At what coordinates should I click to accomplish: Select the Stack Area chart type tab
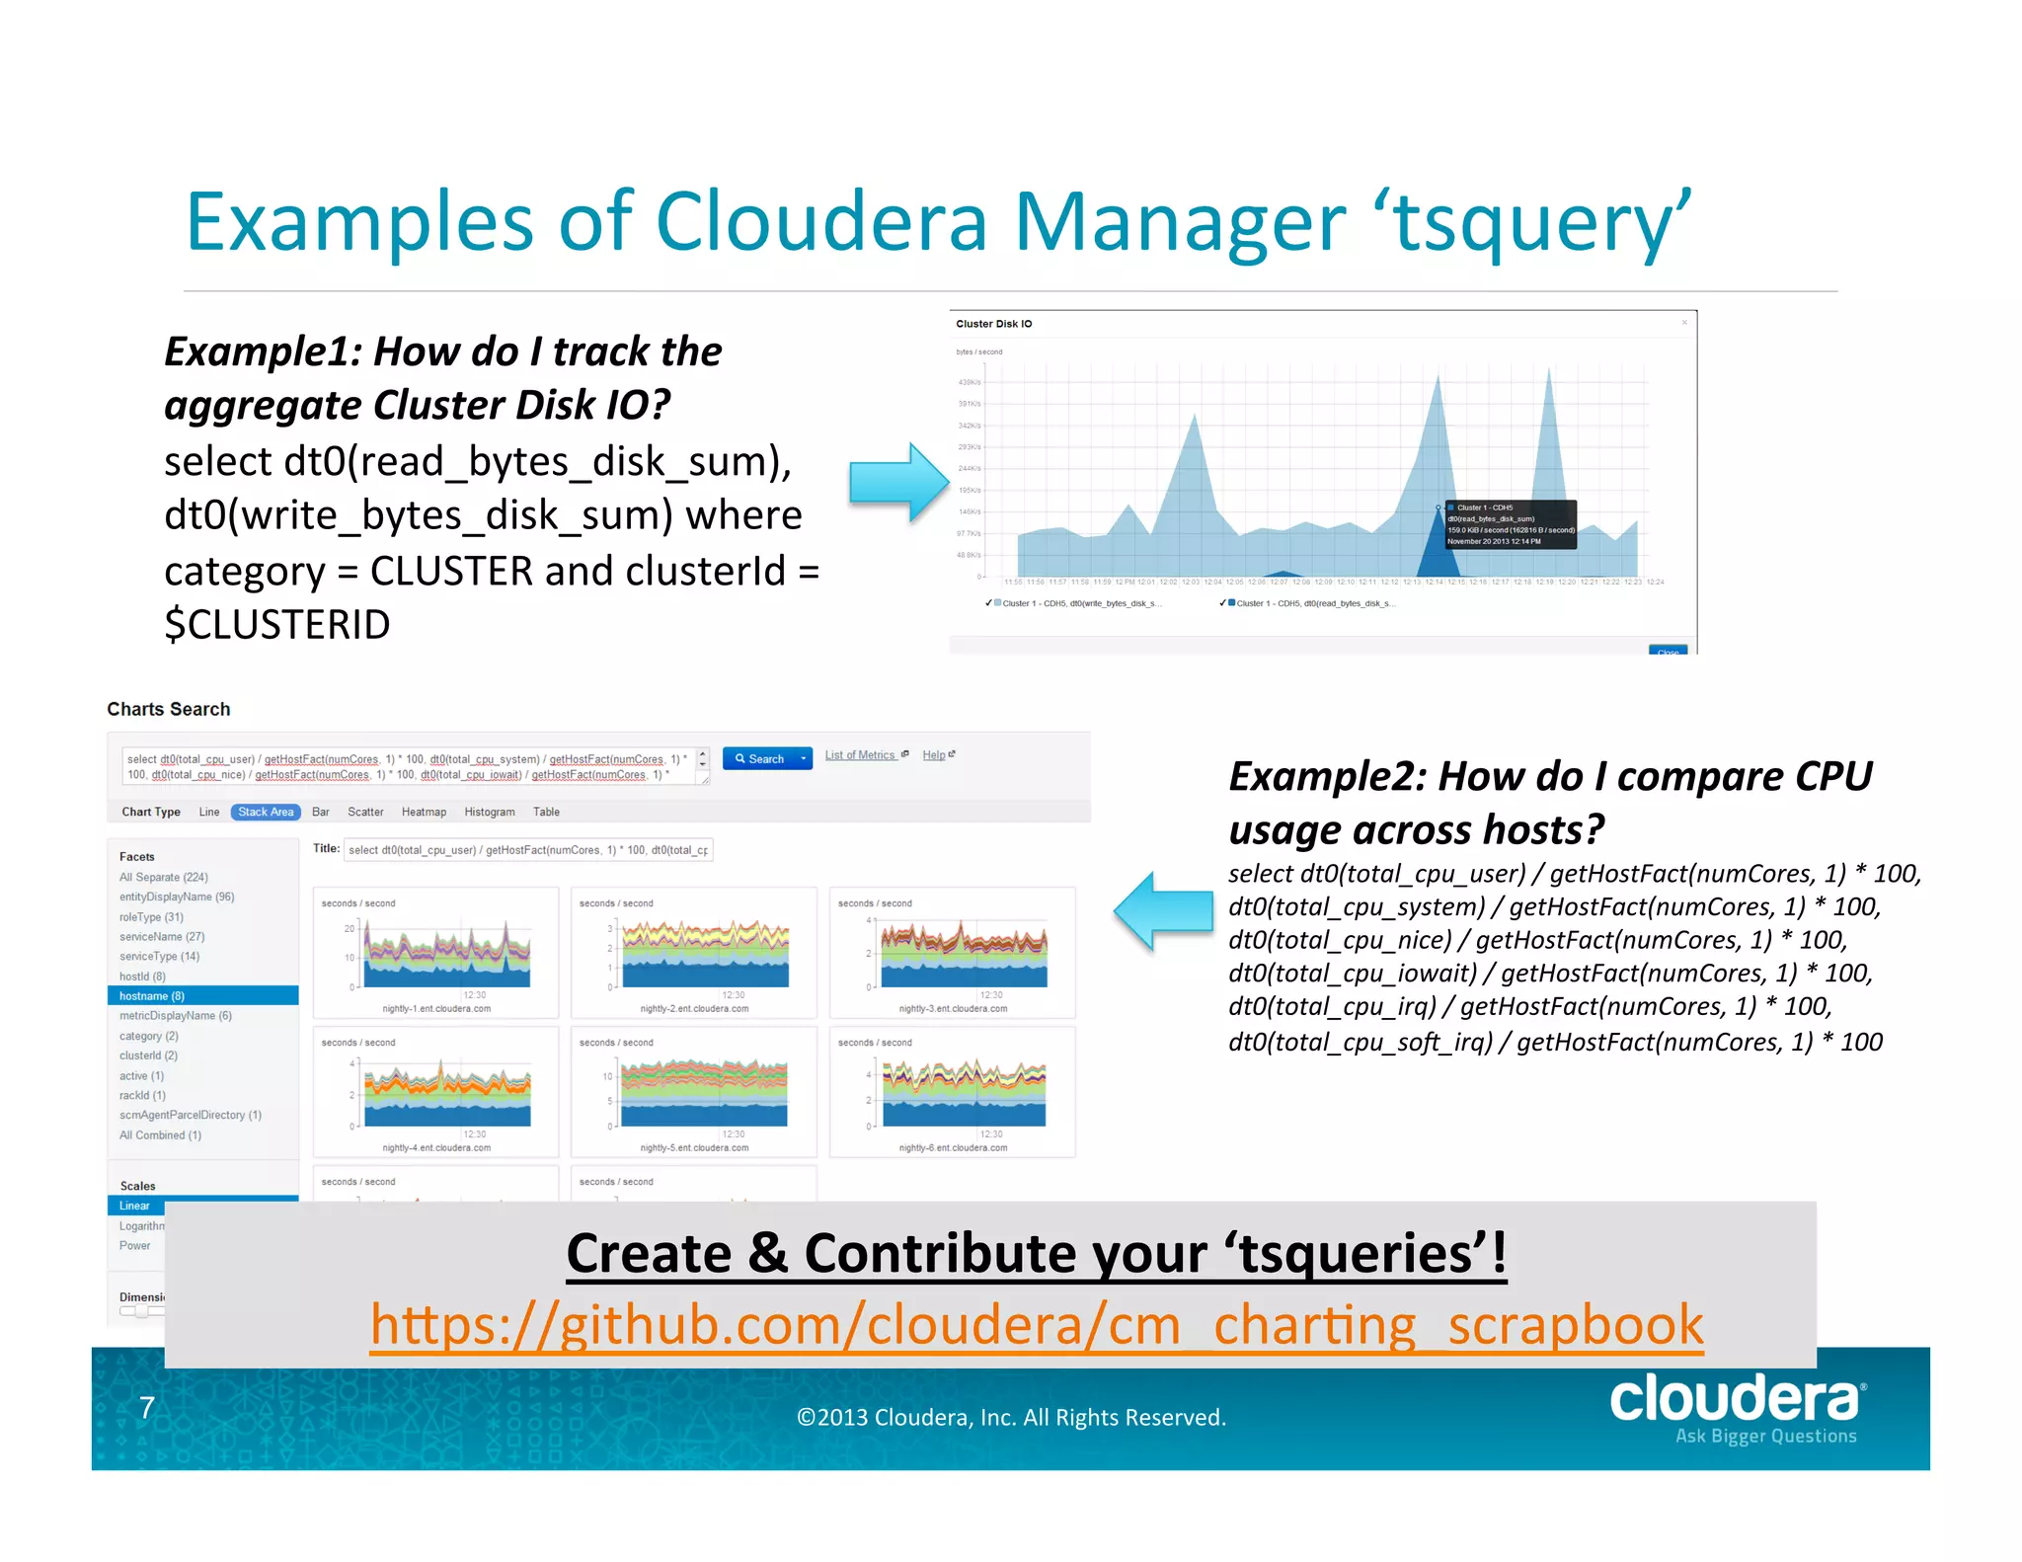tap(266, 812)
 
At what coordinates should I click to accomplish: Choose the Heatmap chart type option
tap(424, 812)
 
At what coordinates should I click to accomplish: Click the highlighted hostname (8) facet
tap(152, 995)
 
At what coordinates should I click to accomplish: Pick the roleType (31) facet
tap(151, 916)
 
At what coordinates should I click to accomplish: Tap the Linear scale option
tap(135, 1206)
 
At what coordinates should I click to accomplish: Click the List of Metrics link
tap(861, 755)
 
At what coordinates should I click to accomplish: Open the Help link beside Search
tap(934, 755)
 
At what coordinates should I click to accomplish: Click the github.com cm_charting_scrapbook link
tap(1037, 1325)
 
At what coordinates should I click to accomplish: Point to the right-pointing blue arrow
tap(898, 482)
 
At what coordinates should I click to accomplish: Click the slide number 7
tap(147, 1407)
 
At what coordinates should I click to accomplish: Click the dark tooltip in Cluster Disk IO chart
tap(1510, 524)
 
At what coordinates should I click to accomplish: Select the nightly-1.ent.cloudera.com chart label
tap(436, 1008)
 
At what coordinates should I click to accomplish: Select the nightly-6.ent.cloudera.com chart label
tap(953, 1147)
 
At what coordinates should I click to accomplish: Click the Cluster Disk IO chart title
tap(993, 324)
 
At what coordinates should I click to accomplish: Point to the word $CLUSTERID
tap(277, 624)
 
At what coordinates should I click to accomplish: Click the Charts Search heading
tap(169, 709)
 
